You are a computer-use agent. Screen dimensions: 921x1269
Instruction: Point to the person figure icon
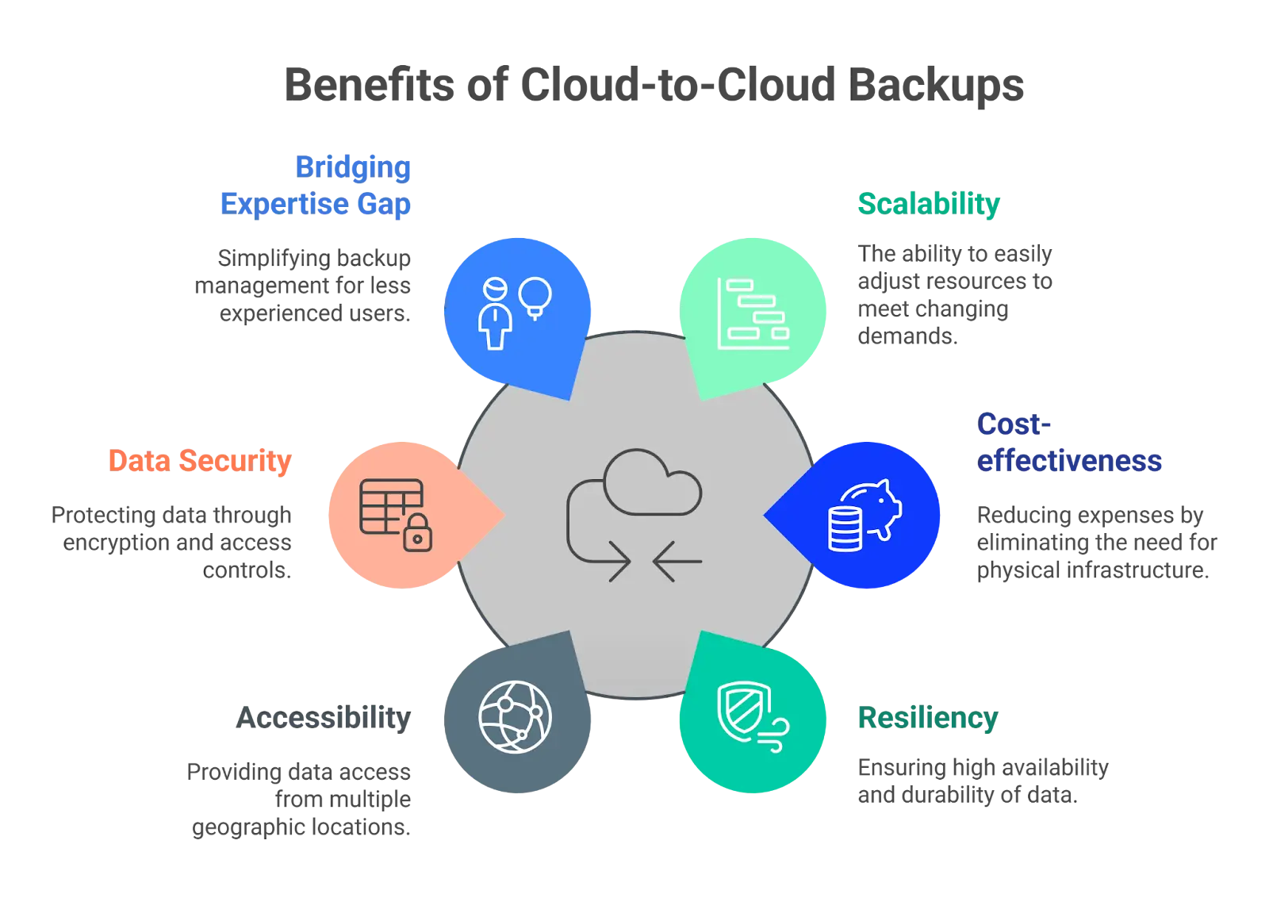click(x=495, y=314)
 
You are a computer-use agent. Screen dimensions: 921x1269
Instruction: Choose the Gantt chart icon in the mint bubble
click(x=753, y=314)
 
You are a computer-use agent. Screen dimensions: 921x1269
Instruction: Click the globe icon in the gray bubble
click(x=515, y=717)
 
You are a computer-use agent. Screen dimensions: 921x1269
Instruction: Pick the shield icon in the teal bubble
click(x=743, y=710)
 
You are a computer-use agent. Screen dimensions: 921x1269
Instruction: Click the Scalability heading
click(x=929, y=205)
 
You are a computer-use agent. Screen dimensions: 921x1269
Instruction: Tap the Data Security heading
click(x=200, y=461)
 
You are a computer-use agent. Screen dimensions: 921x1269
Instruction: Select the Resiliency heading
click(x=927, y=718)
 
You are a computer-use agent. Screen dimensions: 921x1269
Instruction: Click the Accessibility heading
click(x=324, y=718)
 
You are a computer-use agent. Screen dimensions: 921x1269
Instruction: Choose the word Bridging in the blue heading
click(x=353, y=167)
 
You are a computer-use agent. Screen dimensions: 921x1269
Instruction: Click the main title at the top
click(x=656, y=83)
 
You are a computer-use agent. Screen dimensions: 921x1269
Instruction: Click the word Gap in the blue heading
click(x=384, y=205)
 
